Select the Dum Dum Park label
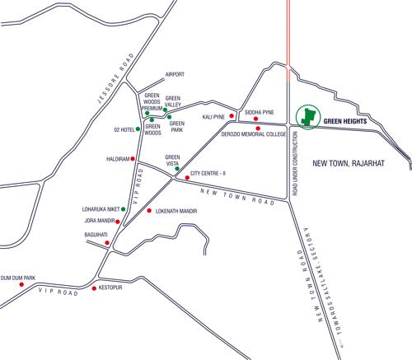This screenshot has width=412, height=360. click(x=18, y=278)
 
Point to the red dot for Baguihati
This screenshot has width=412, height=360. click(x=106, y=243)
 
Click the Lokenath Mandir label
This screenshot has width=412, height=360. click(x=180, y=212)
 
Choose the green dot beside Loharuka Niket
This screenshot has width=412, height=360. click(x=123, y=209)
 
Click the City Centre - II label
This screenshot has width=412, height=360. click(x=213, y=174)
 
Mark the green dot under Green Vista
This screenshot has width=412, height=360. click(x=176, y=169)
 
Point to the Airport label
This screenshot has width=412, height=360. click(x=176, y=73)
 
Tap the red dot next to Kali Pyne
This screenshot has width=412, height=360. click(x=232, y=117)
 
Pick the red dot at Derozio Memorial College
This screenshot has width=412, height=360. click(x=258, y=129)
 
